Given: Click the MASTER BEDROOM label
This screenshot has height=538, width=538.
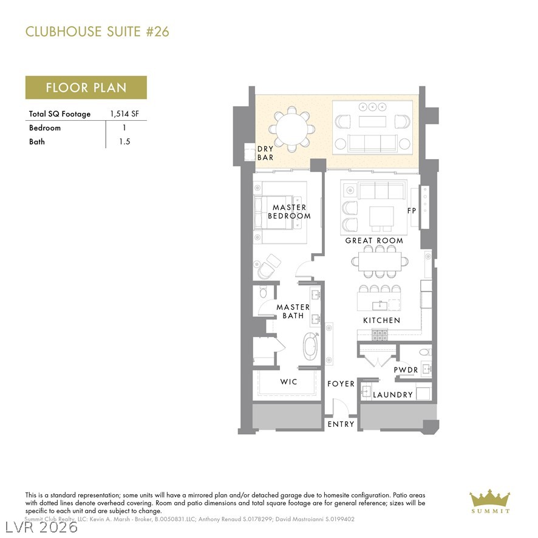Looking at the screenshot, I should click(x=289, y=211).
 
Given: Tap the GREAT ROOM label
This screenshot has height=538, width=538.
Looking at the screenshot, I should click(x=374, y=240).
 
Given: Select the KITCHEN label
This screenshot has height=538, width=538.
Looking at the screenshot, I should click(x=381, y=320).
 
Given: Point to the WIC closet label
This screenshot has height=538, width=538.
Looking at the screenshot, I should click(x=288, y=382).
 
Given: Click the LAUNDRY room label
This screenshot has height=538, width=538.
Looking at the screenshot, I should click(x=393, y=395).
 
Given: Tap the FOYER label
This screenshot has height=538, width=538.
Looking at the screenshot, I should click(x=341, y=384).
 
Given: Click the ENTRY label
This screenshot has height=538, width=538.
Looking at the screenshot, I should click(x=341, y=424).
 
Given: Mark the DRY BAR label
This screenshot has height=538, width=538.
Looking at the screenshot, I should click(x=265, y=153).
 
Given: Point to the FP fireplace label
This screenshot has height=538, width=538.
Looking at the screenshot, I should click(x=412, y=211).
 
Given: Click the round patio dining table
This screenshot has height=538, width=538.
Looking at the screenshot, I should click(x=289, y=129).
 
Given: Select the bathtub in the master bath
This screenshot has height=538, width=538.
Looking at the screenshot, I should click(x=310, y=347).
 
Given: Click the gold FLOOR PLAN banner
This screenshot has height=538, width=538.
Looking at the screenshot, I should click(x=86, y=87).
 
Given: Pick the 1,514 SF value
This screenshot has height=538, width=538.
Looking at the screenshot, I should click(x=126, y=114).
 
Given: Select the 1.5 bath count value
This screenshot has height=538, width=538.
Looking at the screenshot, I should click(x=125, y=141).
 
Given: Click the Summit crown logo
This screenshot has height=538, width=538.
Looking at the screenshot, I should click(x=489, y=499).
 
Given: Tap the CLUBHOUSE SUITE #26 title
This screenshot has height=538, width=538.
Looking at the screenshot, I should click(x=97, y=32).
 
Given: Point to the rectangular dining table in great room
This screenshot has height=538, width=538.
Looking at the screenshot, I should click(x=380, y=262).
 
